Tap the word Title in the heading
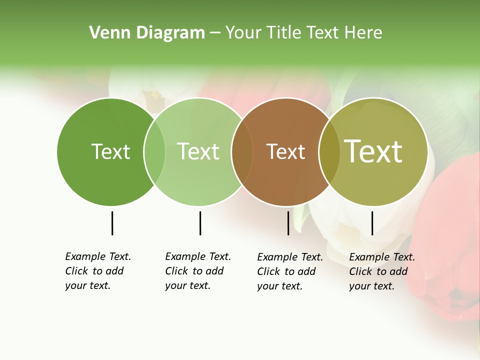284,33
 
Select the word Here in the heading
364,33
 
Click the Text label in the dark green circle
110,151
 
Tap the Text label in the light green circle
198,151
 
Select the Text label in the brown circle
285,151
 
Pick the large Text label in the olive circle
373,151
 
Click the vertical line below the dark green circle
112,223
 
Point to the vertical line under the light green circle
200,223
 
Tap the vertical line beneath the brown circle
288,223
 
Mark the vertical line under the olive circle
372,223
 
